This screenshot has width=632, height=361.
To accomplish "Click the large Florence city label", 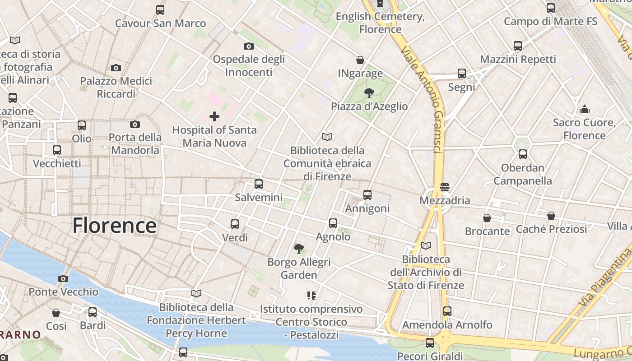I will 114,225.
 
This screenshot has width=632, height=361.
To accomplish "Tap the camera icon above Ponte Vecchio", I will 63,278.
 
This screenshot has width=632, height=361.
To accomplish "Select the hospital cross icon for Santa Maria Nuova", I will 214,116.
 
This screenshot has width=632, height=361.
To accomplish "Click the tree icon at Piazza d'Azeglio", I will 369,93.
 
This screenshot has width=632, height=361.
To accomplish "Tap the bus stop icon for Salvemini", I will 259,184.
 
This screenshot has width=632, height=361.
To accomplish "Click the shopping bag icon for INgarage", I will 360,60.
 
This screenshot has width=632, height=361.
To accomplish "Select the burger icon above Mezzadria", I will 445,187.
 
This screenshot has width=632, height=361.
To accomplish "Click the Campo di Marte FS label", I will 550,21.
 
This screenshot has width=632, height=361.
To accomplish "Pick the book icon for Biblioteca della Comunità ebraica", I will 327,137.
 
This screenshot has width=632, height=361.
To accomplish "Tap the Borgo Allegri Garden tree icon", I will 298,248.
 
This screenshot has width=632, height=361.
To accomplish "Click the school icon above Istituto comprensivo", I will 311,296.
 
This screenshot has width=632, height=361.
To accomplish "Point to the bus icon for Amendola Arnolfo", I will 447,311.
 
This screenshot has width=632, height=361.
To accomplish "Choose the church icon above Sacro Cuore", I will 585,109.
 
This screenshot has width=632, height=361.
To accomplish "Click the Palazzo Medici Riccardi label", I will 116,88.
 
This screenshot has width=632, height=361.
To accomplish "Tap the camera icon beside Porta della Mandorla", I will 135,124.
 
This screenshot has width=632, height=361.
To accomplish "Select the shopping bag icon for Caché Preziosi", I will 551,216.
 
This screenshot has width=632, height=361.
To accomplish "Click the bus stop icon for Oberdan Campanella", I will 523,154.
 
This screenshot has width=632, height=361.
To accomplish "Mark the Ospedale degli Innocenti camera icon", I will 248,46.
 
